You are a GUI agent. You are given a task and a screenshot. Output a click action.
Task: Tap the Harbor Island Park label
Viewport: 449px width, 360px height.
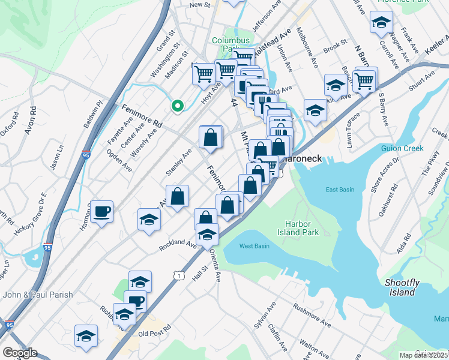[x=298, y=227]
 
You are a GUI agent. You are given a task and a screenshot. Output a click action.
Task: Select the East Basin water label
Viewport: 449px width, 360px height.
[x=339, y=190]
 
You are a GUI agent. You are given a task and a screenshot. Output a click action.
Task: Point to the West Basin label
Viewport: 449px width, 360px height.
[x=255, y=246]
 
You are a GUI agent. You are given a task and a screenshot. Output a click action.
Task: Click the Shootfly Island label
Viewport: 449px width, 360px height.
[x=399, y=287]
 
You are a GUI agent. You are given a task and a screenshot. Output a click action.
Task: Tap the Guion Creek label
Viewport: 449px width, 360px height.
[x=402, y=148]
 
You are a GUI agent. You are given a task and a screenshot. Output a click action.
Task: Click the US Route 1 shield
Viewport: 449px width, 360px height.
[x=178, y=275]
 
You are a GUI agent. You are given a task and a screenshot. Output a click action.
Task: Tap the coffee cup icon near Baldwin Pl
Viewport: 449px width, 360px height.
[x=103, y=212]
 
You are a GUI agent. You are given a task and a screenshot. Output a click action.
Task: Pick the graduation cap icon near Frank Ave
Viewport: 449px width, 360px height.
[x=381, y=23]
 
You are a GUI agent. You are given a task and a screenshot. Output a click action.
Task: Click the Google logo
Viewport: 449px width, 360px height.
[x=19, y=353]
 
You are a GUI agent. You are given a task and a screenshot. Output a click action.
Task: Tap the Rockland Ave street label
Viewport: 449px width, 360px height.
[x=178, y=245]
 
